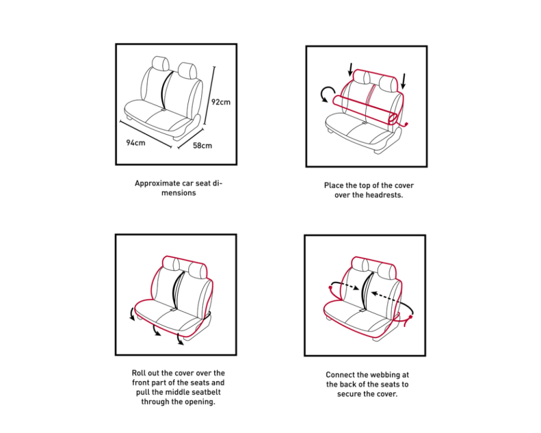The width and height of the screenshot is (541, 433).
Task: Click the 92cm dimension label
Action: click(221, 102)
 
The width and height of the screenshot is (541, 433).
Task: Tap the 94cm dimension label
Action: click(136, 143)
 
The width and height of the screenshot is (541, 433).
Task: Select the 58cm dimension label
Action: click(202, 145)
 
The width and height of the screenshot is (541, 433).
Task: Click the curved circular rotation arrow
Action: click(327, 94)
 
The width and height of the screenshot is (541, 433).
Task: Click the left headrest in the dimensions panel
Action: click(161, 64)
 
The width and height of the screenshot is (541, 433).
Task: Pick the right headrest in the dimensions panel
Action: click(187, 70)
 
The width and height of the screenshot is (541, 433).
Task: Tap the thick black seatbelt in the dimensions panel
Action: click(166, 90)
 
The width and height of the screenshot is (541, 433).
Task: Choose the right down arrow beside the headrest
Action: click(403, 81)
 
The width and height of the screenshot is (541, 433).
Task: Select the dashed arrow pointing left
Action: click(391, 299)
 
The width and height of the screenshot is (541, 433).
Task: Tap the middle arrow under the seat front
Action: click(156, 330)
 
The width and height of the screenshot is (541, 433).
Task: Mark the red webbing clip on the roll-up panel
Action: click(406, 124)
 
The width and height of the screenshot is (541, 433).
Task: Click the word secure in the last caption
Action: click(348, 394)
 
